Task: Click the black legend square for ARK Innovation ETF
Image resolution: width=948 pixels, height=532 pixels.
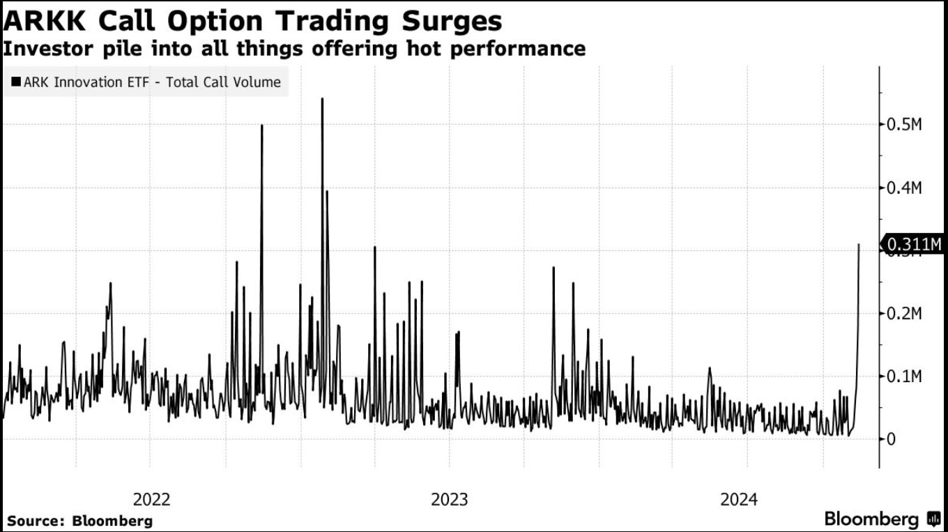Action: pyautogui.click(x=15, y=82)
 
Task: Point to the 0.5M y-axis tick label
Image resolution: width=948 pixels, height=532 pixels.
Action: pyautogui.click(x=904, y=125)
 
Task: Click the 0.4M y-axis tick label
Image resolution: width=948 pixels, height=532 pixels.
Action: pyautogui.click(x=904, y=188)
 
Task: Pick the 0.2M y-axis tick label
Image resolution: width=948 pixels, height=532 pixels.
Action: pyautogui.click(x=904, y=314)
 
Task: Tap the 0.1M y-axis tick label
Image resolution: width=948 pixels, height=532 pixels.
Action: pyautogui.click(x=904, y=377)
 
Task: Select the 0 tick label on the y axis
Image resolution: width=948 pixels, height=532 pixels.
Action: pyautogui.click(x=890, y=439)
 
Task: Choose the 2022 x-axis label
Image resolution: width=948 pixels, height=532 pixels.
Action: pyautogui.click(x=151, y=499)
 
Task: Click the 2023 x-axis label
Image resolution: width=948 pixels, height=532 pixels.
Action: pyautogui.click(x=450, y=499)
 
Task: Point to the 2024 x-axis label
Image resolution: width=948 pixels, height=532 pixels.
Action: pyautogui.click(x=739, y=499)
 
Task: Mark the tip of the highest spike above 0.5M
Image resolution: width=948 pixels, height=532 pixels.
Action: pyautogui.click(x=322, y=99)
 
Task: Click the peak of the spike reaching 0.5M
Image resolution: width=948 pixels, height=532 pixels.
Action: pyautogui.click(x=261, y=126)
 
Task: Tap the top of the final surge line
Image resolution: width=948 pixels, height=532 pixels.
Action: pyautogui.click(x=859, y=244)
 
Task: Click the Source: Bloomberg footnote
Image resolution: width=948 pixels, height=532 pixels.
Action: pyautogui.click(x=80, y=521)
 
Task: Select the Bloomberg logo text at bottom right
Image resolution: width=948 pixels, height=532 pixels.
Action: pyautogui.click(x=871, y=519)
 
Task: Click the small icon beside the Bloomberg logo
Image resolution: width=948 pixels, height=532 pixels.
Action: pyautogui.click(x=933, y=519)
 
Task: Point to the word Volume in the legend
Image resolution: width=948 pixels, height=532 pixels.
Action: pyautogui.click(x=257, y=82)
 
